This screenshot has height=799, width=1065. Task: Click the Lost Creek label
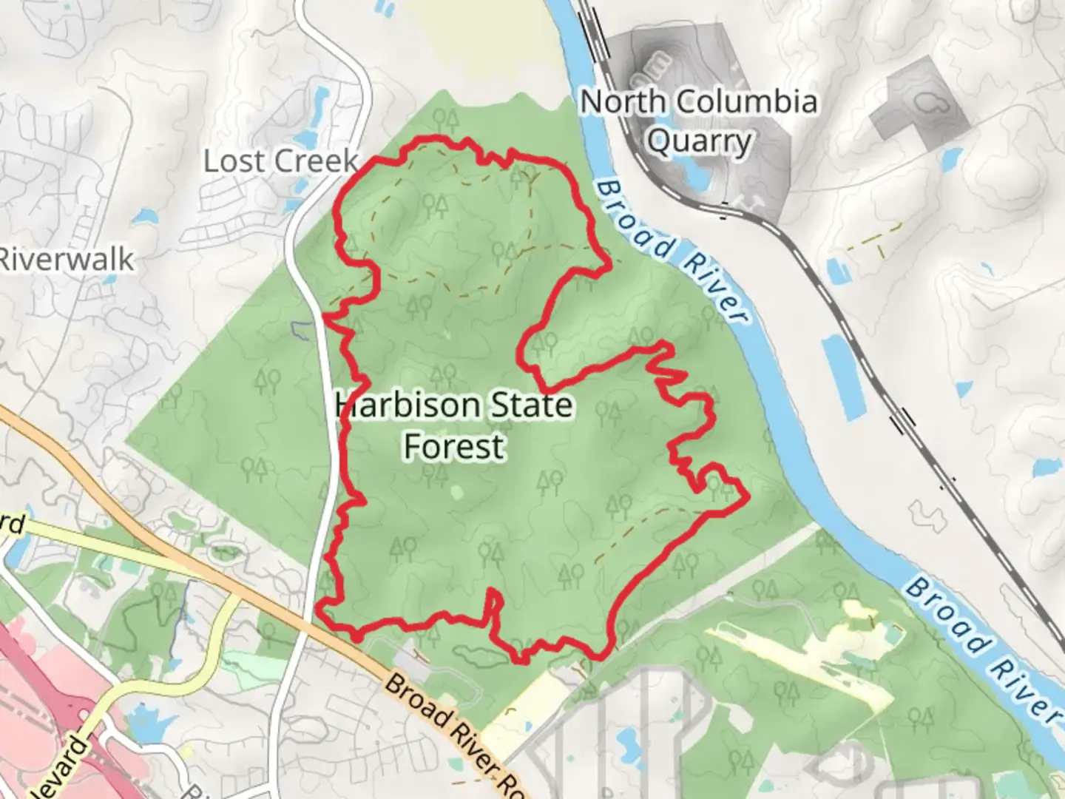tap(280, 161)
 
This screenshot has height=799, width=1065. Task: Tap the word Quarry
tap(699, 141)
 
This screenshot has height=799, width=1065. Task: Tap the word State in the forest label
tap(532, 405)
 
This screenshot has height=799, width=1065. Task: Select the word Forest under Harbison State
tap(454, 447)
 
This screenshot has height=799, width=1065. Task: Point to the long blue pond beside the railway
tap(843, 377)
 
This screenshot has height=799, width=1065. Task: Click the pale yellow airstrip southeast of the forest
tap(799, 666)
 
